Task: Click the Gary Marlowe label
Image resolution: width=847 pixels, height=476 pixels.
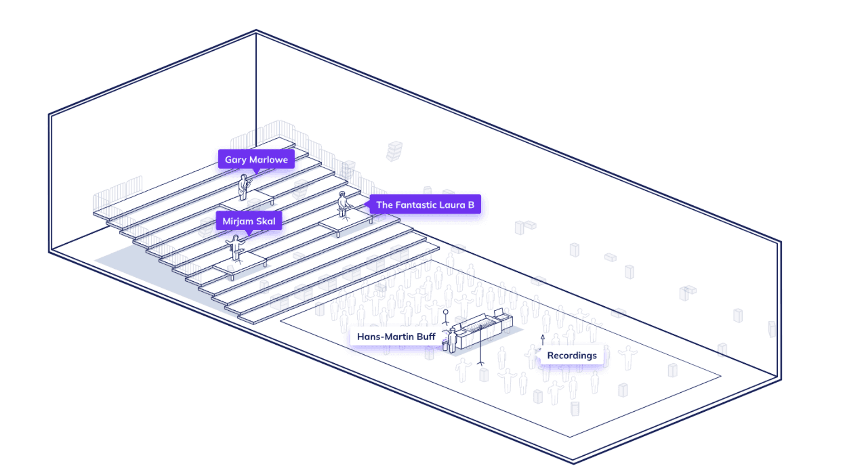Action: (x=256, y=160)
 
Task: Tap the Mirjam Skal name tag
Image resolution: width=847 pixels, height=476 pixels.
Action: (x=249, y=221)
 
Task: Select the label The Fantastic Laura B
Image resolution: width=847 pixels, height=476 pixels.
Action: (x=425, y=205)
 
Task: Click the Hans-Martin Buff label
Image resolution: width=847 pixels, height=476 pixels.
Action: (x=396, y=337)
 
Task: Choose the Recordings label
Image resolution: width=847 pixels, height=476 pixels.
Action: (x=572, y=356)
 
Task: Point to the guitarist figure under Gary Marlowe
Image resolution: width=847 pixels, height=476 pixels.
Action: (x=244, y=187)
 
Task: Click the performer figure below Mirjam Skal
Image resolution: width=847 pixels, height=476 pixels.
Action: (x=236, y=248)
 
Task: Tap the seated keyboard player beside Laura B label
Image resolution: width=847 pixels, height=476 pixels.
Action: (x=343, y=204)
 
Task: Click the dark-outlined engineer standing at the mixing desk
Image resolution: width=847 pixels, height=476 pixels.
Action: (x=452, y=340)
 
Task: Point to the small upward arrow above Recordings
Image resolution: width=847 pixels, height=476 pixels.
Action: (x=543, y=339)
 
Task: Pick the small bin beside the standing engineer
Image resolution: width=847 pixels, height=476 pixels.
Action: (x=445, y=345)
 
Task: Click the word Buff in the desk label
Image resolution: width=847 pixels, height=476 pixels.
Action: (x=426, y=337)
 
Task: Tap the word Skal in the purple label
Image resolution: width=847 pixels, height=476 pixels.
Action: (x=266, y=221)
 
